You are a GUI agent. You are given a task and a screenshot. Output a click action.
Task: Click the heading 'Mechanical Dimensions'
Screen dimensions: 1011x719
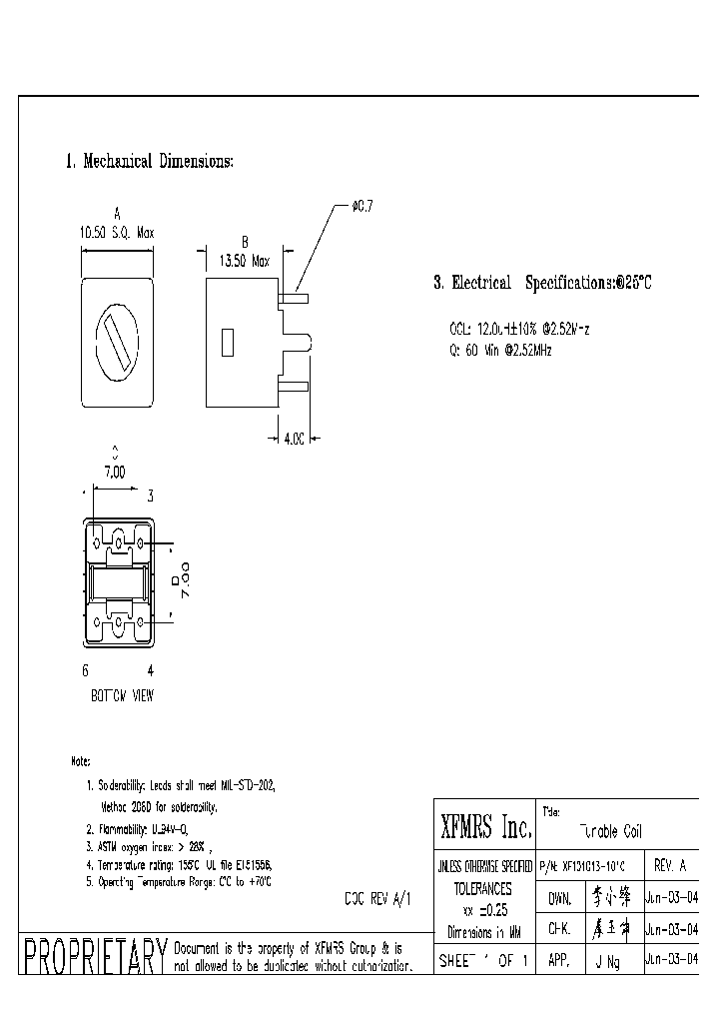point(150,162)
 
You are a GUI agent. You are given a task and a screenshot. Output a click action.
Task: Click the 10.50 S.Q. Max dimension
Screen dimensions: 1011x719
point(117,232)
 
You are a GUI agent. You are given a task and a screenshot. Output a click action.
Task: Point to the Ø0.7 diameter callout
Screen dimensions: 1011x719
point(360,206)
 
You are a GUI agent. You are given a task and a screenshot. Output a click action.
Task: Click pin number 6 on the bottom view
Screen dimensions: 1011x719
point(85,669)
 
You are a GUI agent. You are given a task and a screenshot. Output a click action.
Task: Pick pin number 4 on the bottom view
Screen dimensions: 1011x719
point(150,669)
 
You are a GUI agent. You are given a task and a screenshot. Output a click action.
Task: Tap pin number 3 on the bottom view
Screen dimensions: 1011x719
point(150,496)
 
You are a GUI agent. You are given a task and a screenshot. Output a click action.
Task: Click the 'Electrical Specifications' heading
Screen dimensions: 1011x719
point(542,284)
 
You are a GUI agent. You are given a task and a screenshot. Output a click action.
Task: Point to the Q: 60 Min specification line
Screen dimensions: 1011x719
point(500,351)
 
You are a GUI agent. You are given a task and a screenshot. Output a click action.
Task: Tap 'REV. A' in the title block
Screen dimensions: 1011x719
point(669,866)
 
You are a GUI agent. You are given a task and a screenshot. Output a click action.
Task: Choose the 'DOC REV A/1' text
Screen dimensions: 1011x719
point(377,898)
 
